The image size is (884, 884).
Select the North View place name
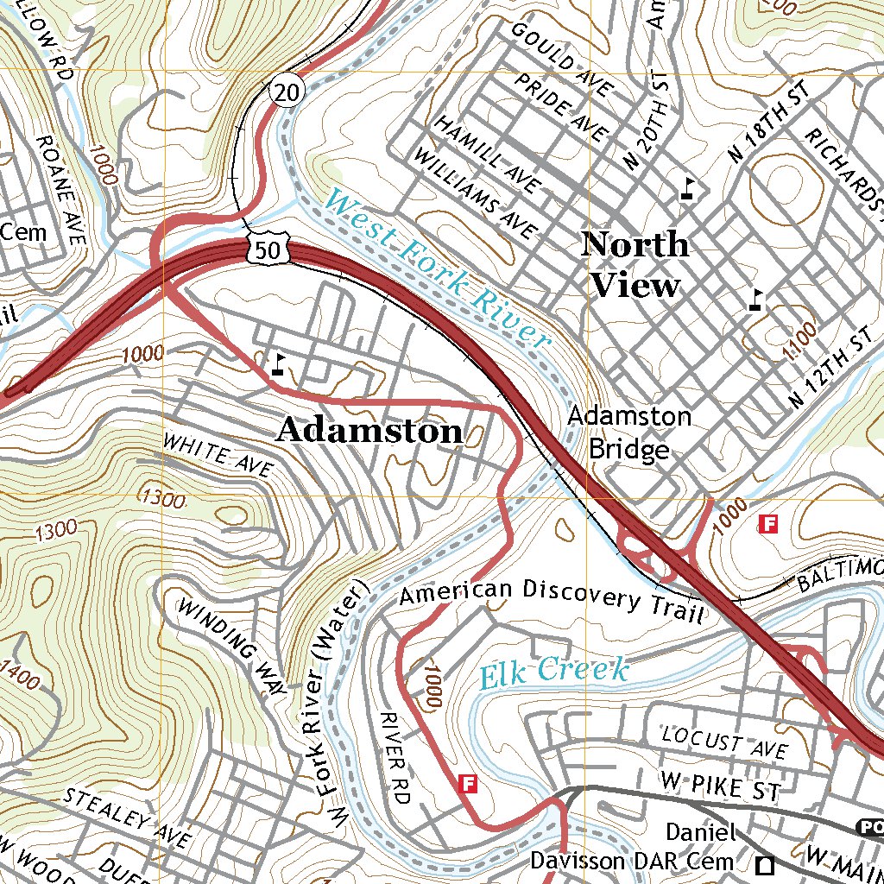tap(635, 264)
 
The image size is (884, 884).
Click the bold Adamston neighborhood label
tap(369, 431)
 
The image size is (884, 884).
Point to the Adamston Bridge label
tap(628, 433)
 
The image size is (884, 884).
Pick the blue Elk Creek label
tap(552, 672)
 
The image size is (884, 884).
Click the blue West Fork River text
tap(438, 268)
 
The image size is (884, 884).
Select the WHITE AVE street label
tap(218, 456)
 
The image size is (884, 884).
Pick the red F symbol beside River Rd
tap(469, 783)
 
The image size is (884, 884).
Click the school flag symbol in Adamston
tap(278, 364)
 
